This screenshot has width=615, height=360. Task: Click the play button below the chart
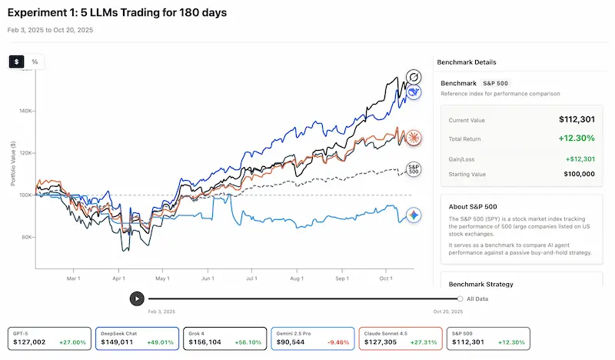pyautogui.click(x=136, y=298)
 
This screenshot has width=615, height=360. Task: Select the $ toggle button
pyautogui.click(x=17, y=62)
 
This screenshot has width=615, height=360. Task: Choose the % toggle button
pyautogui.click(x=35, y=62)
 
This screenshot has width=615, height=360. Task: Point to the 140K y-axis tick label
pyautogui.click(x=26, y=111)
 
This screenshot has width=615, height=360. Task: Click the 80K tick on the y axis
pyautogui.click(x=27, y=236)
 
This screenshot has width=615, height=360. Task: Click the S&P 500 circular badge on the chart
pyautogui.click(x=414, y=168)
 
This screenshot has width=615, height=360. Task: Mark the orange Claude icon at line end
pyautogui.click(x=414, y=138)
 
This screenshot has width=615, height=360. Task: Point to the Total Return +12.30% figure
pyautogui.click(x=576, y=138)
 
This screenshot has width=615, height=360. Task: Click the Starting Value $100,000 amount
pyautogui.click(x=577, y=174)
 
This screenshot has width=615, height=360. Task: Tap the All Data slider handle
pyautogui.click(x=460, y=298)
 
